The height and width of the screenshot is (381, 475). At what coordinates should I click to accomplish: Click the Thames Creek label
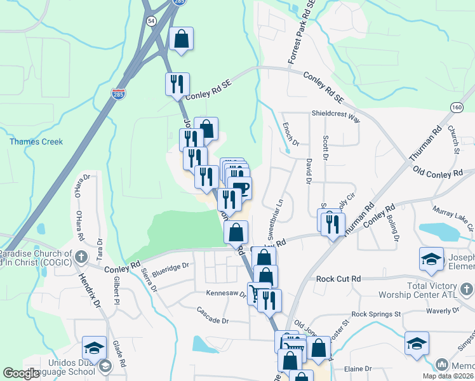[36, 142]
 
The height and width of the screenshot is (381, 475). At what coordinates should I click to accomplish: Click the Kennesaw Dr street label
[225, 294]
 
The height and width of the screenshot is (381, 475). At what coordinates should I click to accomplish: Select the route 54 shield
[151, 21]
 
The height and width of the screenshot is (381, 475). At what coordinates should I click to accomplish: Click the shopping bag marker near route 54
[182, 39]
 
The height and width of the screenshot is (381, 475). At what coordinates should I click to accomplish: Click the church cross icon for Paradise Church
[80, 257]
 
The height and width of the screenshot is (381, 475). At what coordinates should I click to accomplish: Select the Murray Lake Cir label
[453, 209]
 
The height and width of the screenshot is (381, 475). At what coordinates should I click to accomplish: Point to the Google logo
[22, 373]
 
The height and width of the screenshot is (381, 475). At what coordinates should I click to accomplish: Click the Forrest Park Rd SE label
[301, 32]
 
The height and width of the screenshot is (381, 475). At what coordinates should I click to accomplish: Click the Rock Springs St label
[376, 314]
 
